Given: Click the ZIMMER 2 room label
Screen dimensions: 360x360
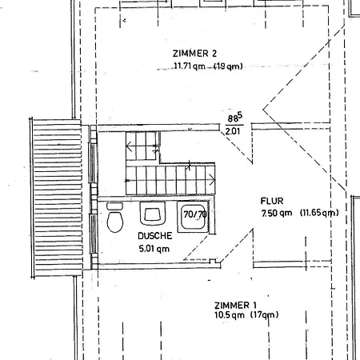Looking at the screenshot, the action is (194, 54).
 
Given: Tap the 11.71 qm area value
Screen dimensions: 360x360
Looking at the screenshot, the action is (190, 66).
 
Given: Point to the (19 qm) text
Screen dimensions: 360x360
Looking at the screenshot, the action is (228, 66).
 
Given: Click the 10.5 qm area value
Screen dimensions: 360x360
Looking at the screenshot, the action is (230, 315).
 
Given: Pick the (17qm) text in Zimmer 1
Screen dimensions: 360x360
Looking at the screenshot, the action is (265, 315).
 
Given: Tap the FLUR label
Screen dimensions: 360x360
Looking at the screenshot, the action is (272, 201).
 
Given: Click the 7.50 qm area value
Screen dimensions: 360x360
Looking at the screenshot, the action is (277, 213).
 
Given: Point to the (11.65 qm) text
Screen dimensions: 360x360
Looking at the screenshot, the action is (319, 213).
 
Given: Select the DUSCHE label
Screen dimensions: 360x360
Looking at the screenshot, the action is (155, 236).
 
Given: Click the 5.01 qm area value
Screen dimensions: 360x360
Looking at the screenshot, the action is (154, 249).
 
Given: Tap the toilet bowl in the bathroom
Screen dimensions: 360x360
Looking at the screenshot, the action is (115, 222).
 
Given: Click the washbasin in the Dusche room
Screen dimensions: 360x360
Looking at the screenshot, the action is (153, 214).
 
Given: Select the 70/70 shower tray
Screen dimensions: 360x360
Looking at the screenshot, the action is (193, 217).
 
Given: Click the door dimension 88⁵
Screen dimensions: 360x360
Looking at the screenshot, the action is (235, 118).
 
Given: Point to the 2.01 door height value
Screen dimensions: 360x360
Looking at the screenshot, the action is (233, 131).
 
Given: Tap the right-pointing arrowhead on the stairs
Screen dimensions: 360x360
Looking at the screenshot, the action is (212, 180).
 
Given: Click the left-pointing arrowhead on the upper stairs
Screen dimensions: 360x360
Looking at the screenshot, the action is (129, 146).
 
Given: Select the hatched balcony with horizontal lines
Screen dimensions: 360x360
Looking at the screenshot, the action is (57, 198).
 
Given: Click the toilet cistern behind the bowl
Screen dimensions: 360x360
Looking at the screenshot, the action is (114, 206).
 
